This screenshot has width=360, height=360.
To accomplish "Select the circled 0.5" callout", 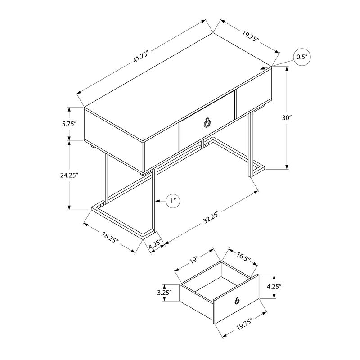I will point(301,57).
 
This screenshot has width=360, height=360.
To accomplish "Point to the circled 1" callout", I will point(173,201).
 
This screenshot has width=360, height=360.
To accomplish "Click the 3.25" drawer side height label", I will point(165,292).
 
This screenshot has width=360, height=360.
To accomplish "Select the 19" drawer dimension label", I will point(194,261).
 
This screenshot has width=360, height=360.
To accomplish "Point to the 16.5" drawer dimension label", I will point(243,257).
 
